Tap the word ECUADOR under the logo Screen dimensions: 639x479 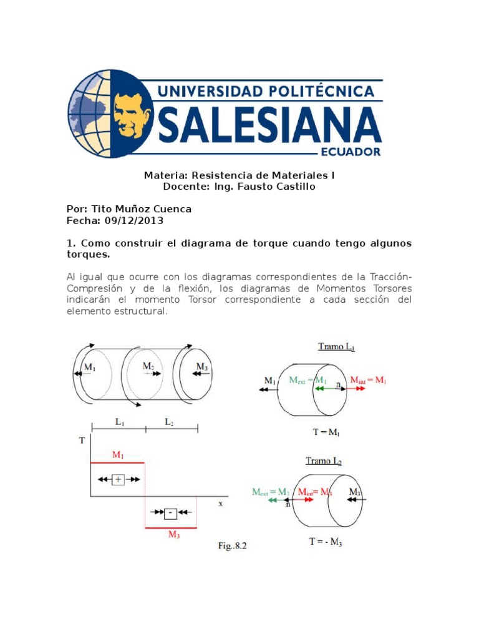(350, 152)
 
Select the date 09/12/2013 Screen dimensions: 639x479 (133, 220)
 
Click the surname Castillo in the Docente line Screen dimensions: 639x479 (294, 187)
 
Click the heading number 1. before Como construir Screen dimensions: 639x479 (70, 243)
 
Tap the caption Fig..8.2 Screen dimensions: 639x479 (233, 546)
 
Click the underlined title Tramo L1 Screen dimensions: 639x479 (336, 347)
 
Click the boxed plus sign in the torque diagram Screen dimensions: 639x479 (118, 479)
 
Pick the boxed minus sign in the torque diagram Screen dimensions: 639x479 (170, 513)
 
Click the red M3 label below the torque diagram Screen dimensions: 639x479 (175, 535)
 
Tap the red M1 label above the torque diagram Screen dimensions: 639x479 (118, 456)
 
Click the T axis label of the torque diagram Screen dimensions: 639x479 (82, 441)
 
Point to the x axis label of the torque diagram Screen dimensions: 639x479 (220, 502)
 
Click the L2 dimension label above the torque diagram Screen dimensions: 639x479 (170, 422)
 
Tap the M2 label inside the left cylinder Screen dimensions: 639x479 (148, 366)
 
